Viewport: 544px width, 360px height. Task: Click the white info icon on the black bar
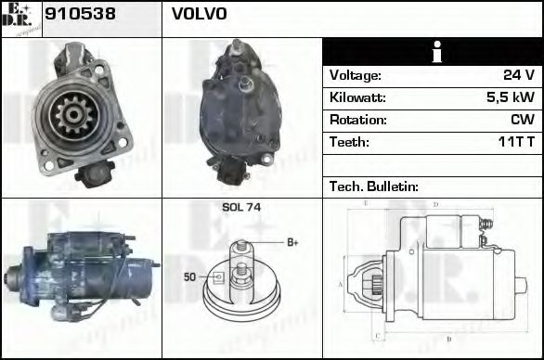click(432, 52)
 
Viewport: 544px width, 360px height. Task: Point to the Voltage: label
click(356, 75)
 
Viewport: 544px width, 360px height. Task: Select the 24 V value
click(517, 75)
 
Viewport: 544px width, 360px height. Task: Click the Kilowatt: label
click(357, 97)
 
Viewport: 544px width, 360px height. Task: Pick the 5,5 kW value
click(509, 97)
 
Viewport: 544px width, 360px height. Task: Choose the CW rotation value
click(522, 120)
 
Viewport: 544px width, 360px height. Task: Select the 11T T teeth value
click(515, 142)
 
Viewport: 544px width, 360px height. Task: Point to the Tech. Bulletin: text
click(374, 186)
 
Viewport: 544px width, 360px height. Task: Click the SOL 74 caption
click(240, 208)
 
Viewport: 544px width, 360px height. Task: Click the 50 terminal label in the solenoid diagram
click(190, 276)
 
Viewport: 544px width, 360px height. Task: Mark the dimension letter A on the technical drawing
click(341, 284)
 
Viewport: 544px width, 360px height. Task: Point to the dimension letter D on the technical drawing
click(434, 204)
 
